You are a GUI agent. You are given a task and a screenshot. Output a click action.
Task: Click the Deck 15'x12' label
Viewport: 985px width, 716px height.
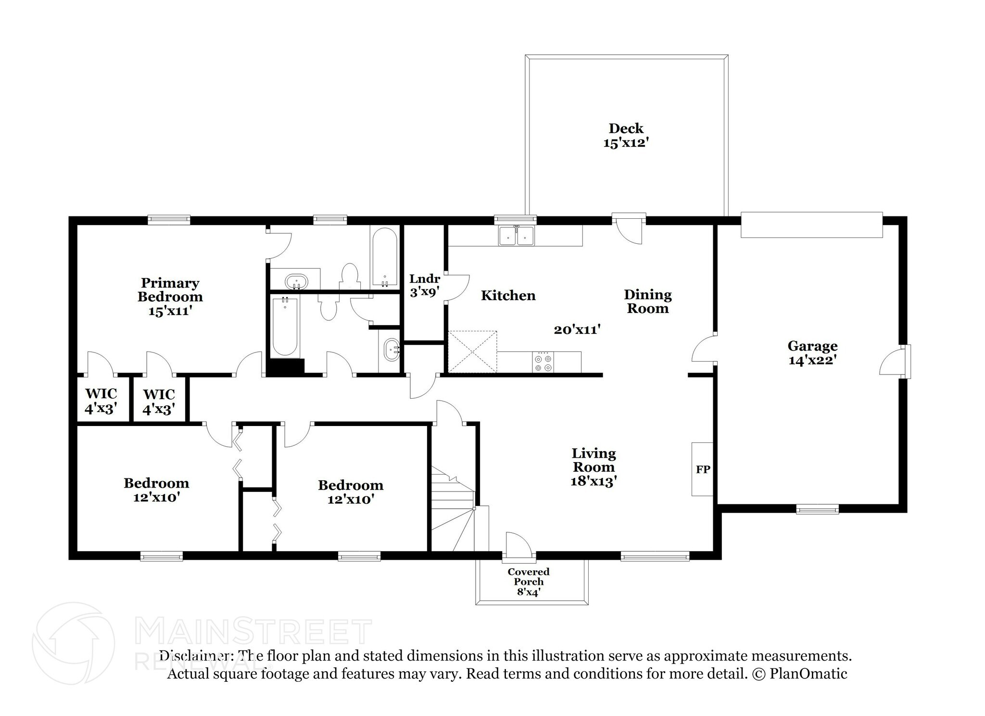(626, 136)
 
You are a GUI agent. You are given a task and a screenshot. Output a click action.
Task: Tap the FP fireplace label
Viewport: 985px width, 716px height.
(703, 469)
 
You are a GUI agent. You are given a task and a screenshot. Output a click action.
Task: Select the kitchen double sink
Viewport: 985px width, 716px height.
(517, 236)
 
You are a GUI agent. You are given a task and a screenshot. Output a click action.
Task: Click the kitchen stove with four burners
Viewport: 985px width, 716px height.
(543, 362)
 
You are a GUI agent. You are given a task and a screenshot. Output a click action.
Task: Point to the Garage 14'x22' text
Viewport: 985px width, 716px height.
(812, 352)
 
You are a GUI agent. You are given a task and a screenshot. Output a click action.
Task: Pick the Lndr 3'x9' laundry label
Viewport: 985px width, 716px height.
(424, 285)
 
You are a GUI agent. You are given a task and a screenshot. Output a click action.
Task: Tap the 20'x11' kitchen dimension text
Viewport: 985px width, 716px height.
(577, 330)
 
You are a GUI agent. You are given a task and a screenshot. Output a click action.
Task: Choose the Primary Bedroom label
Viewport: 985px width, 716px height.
(170, 296)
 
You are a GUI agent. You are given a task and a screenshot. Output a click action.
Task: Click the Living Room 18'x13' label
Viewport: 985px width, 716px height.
(594, 467)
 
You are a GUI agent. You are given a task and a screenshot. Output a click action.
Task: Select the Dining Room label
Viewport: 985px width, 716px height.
(648, 301)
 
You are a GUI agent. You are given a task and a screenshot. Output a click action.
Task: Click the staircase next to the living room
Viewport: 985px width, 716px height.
(453, 510)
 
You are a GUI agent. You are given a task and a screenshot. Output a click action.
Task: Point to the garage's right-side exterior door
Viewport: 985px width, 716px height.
(894, 362)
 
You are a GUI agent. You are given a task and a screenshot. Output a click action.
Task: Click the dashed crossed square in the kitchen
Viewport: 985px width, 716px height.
(472, 352)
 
